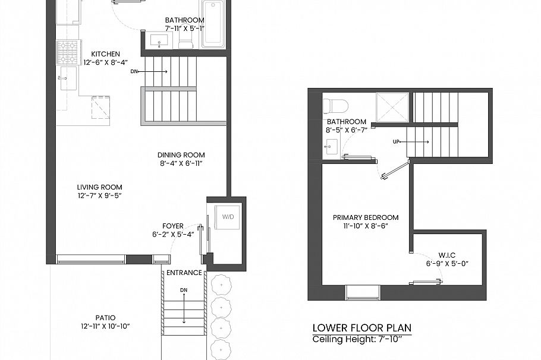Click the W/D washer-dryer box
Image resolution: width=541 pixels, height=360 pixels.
[228, 217]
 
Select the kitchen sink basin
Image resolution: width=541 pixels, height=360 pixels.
[68, 78]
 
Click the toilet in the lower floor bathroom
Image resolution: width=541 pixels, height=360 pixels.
[335, 105]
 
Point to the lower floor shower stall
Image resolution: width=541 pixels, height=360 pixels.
[392, 107]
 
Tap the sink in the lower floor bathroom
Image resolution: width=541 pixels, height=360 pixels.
[332, 147]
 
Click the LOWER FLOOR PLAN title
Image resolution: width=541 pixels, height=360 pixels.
[362, 327]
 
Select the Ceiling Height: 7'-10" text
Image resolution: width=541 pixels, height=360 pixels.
[357, 339]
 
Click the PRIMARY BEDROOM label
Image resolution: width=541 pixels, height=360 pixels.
[366, 217]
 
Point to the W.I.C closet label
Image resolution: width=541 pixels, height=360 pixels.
[447, 255]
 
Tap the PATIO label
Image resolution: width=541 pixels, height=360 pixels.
[105, 318]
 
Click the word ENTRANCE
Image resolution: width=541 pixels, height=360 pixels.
[184, 273]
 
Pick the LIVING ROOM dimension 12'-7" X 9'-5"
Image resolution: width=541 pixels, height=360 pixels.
[100, 195]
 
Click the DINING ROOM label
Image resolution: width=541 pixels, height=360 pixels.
[181, 155]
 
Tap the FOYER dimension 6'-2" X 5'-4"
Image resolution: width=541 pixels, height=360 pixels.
[173, 235]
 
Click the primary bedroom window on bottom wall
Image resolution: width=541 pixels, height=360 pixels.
[363, 292]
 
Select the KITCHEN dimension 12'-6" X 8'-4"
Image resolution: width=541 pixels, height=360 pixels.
[106, 62]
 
